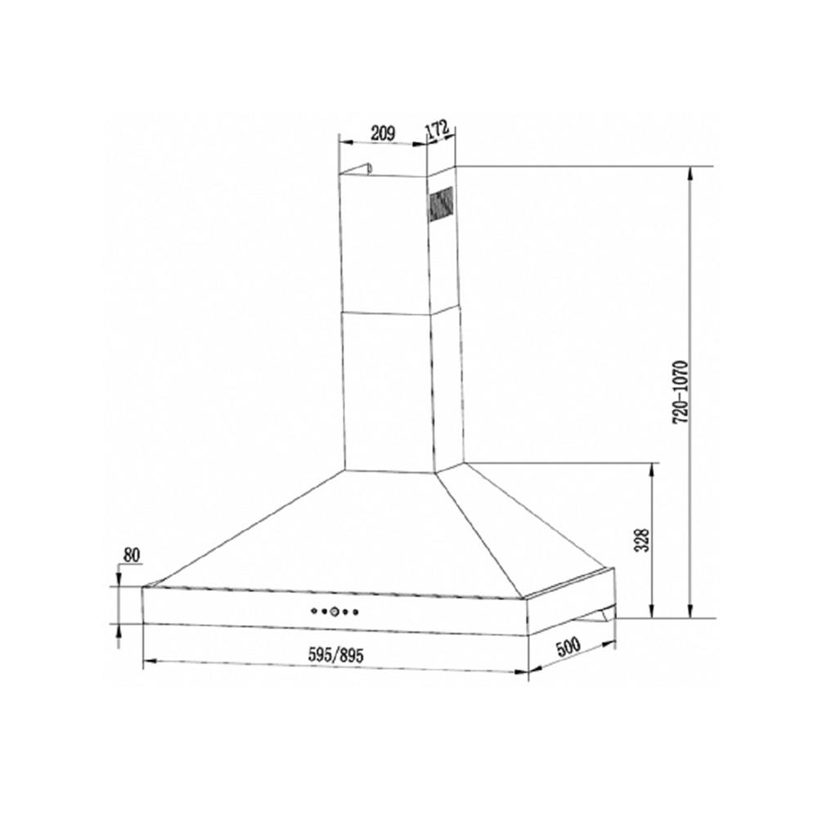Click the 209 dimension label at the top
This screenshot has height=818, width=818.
[383, 132]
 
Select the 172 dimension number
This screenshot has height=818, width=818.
[438, 130]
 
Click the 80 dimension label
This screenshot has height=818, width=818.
[132, 555]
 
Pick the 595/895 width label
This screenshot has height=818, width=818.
[335, 654]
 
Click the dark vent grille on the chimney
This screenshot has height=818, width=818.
[442, 204]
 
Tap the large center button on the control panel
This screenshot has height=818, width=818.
[335, 610]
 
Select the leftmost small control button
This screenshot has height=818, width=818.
[313, 609]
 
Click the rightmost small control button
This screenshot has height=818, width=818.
[356, 610]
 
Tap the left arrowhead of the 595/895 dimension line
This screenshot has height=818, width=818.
[148, 662]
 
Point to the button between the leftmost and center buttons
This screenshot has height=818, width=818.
[323, 610]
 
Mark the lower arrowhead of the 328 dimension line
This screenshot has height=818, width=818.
[652, 613]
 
